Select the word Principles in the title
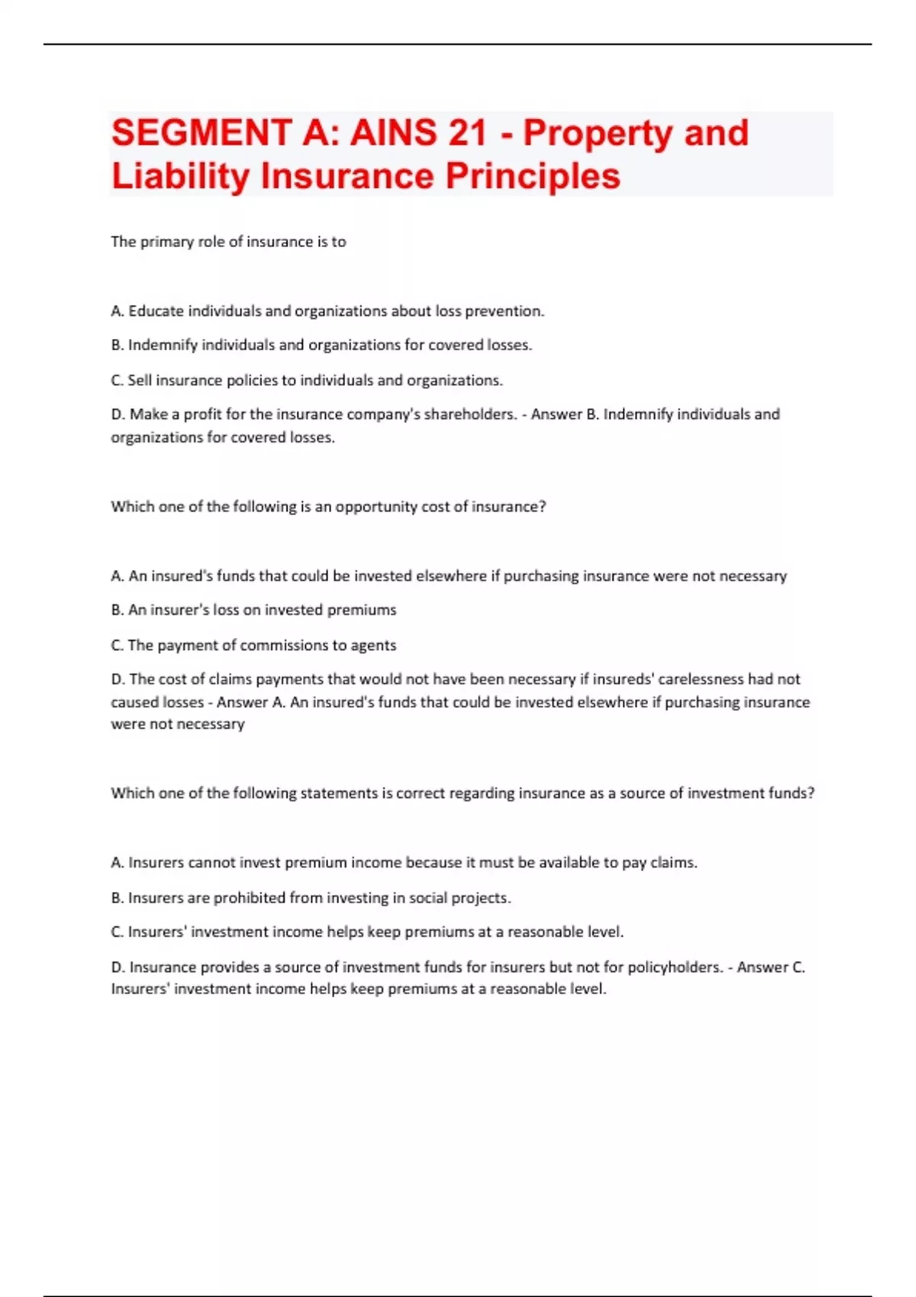(533, 176)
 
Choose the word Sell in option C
(140, 380)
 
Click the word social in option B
(427, 898)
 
